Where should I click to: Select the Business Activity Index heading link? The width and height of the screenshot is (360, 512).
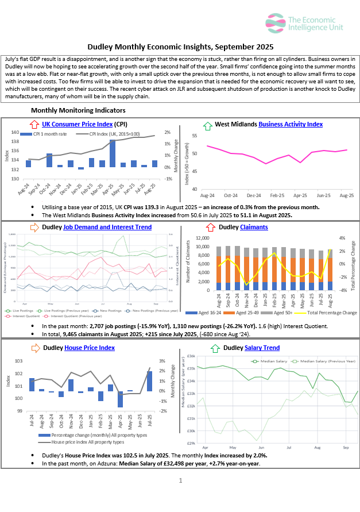point(291,124)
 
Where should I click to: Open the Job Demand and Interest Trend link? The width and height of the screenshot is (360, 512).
point(107,227)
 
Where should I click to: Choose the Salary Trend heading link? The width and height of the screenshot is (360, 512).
point(262,348)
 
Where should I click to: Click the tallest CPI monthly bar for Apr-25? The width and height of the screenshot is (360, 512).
point(113,153)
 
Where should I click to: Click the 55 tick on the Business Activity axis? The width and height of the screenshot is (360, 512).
point(194,136)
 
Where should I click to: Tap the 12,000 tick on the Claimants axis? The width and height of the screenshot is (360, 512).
point(202,238)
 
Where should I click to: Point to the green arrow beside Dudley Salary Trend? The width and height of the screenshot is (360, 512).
point(215,348)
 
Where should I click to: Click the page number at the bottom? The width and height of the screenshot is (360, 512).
point(180,480)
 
